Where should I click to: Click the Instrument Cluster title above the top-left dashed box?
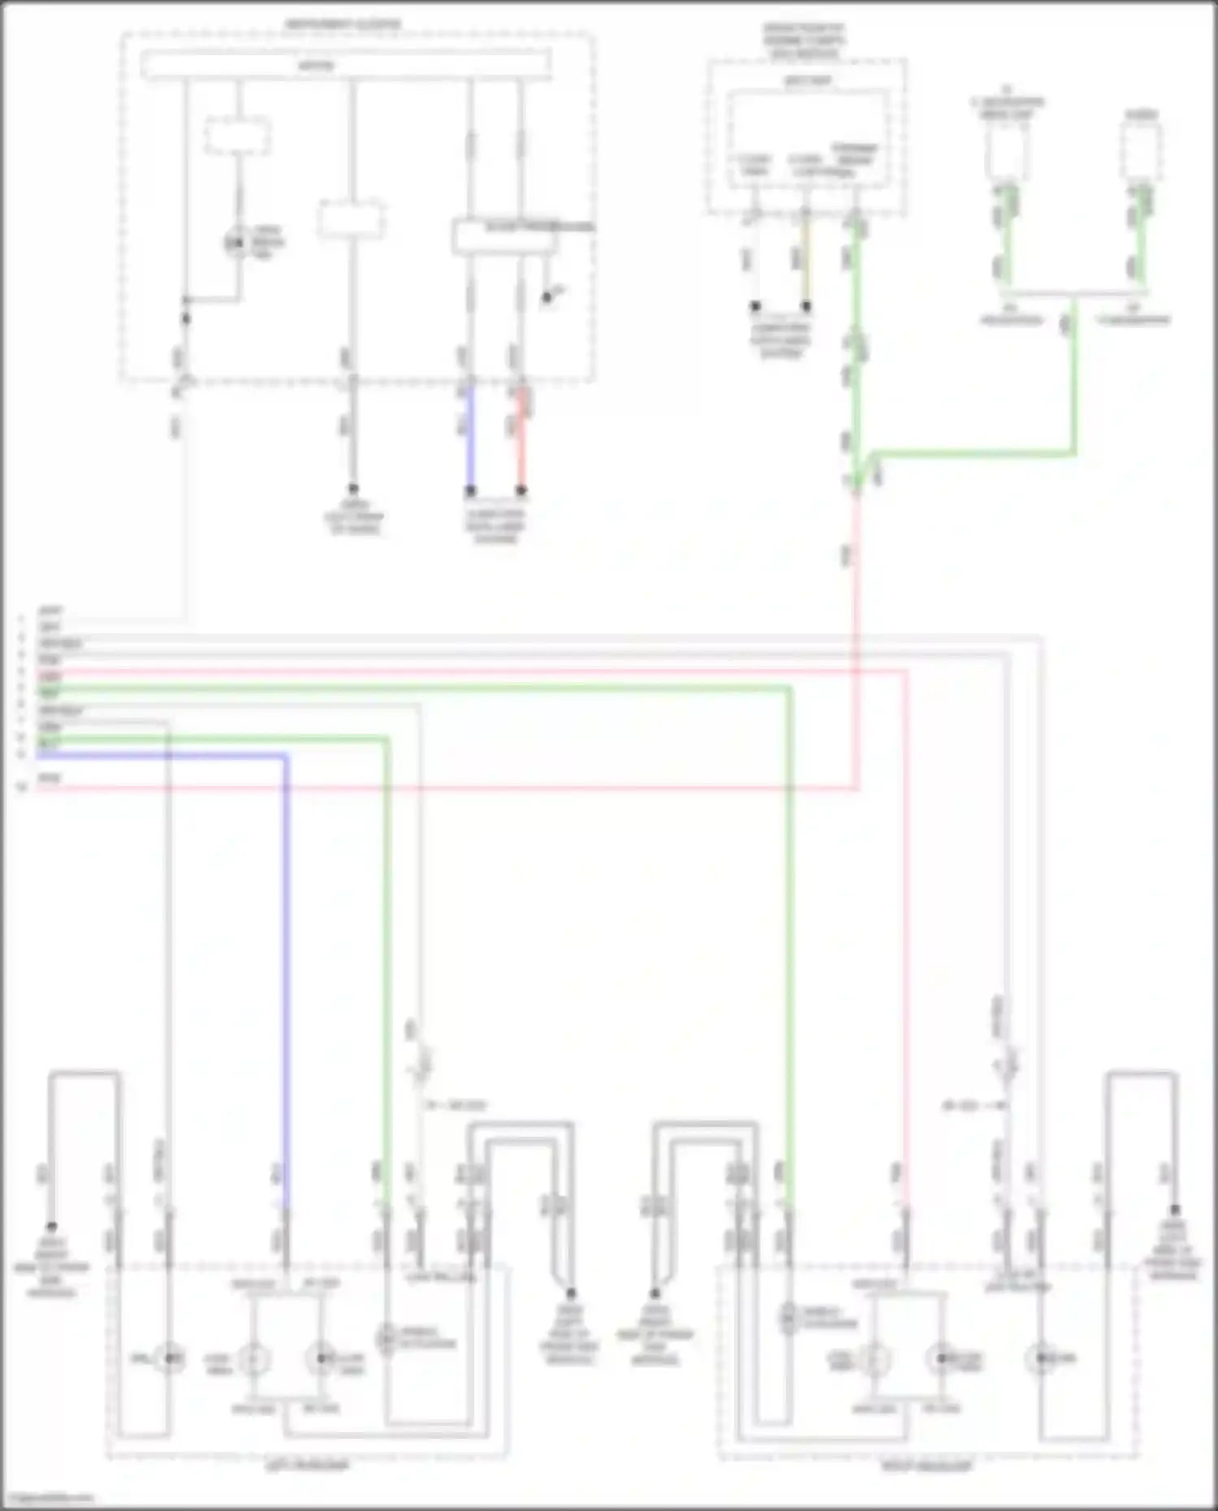coord(342,24)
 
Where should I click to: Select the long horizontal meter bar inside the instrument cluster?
coord(346,65)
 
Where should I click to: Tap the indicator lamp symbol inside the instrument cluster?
coord(236,242)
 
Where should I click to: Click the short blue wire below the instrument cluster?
coord(469,438)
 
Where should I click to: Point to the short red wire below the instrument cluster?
coord(521,438)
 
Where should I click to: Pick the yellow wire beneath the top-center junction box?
coord(805,260)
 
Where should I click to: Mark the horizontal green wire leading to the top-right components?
coord(974,453)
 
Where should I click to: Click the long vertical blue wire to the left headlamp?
coord(287,974)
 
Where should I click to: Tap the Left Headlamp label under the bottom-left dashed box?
coord(307,1466)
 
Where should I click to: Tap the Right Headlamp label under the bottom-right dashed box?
coord(926,1466)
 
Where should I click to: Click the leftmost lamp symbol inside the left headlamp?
coord(169,1358)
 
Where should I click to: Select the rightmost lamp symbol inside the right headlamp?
coord(1042,1357)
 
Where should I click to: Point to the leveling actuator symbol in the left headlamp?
coord(386,1336)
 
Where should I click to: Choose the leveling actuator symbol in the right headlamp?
coord(788,1318)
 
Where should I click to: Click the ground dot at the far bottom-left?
coord(50,1227)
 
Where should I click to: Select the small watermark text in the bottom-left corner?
coord(47,1498)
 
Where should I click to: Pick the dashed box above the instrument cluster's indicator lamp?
coord(237,136)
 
